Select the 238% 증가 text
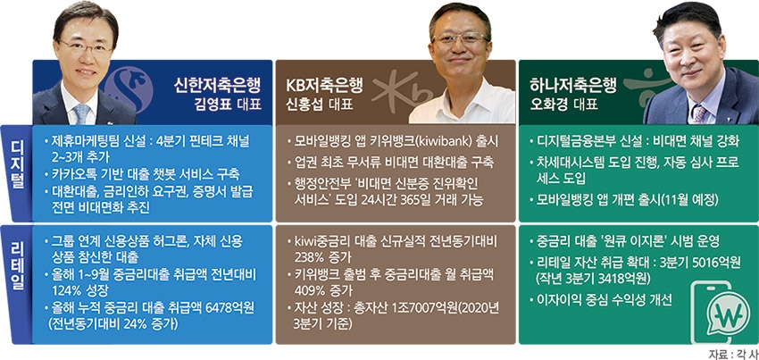[x=321, y=256]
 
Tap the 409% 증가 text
[x=321, y=289]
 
